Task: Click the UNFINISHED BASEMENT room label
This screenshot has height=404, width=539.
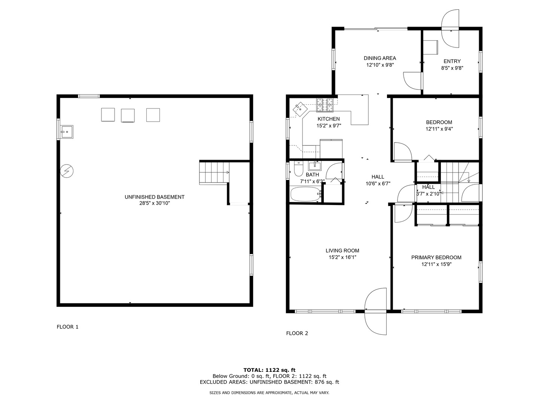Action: [155, 197]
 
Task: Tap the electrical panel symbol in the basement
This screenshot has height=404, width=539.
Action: [67, 171]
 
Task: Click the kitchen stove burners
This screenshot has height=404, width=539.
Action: [325, 105]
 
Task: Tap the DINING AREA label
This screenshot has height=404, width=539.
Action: [380, 58]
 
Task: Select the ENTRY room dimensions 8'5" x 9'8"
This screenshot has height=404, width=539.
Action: [452, 68]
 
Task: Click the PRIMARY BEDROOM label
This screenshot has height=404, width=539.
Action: [436, 257]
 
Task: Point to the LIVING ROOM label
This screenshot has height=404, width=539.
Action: [342, 251]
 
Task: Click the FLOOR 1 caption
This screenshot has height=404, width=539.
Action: [67, 327]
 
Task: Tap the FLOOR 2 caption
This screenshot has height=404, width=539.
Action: [297, 333]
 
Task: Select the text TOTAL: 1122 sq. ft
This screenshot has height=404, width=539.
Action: [269, 370]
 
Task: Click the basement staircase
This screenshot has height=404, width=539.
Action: [214, 172]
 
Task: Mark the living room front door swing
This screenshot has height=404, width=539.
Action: [376, 311]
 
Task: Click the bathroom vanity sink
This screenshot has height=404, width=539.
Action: [314, 166]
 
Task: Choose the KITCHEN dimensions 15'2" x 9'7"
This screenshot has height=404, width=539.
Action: [329, 126]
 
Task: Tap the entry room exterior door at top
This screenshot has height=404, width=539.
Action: [450, 29]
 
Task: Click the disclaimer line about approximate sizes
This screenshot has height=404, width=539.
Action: [269, 393]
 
